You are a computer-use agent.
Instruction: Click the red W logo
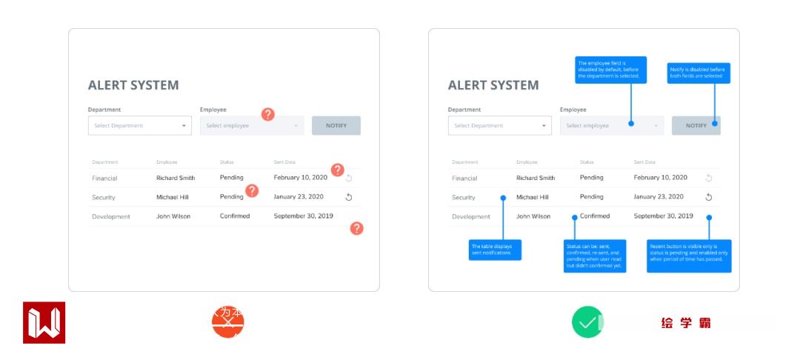tap(44, 322)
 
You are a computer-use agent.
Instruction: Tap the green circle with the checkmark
tap(587, 322)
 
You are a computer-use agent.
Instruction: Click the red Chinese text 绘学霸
tap(686, 323)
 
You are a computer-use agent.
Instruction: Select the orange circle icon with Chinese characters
tap(228, 322)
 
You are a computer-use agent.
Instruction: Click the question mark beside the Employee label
tap(268, 114)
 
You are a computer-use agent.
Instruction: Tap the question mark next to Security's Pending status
tap(252, 190)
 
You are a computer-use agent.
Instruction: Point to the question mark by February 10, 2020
tap(337, 170)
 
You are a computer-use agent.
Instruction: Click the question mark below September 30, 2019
tap(356, 228)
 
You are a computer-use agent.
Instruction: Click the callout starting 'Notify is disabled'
tap(699, 73)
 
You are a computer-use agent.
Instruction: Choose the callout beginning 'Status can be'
tap(595, 256)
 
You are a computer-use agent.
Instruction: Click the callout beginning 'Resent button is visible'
tap(689, 256)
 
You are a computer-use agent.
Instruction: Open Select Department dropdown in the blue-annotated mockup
tap(500, 126)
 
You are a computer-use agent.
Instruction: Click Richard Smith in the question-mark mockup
tap(176, 178)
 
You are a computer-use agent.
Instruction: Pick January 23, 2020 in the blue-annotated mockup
tap(659, 197)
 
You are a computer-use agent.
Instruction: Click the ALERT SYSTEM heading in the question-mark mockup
tap(133, 85)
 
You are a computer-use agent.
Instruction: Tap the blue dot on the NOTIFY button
tap(715, 124)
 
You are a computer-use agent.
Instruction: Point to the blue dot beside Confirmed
tap(574, 217)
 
